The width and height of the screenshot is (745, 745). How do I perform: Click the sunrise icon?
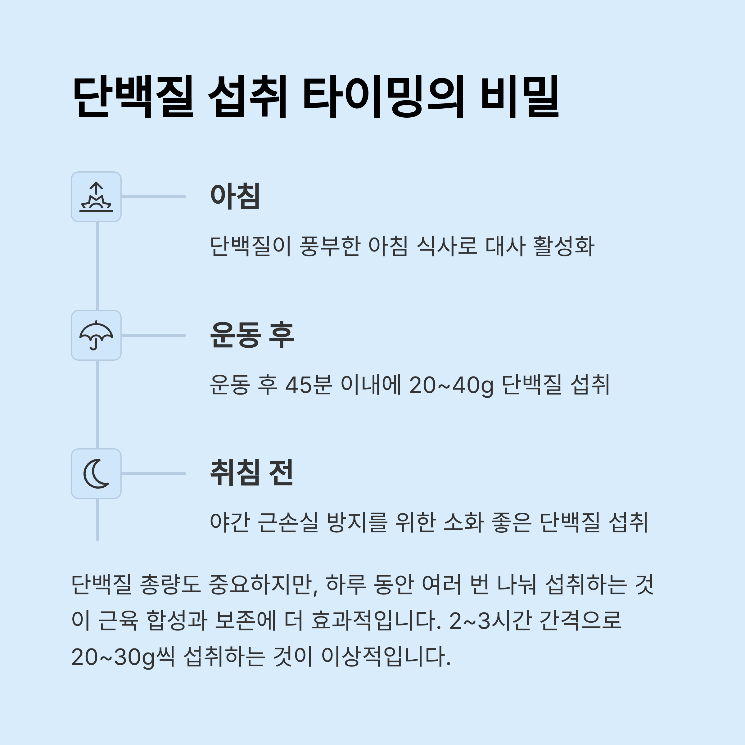coord(96,197)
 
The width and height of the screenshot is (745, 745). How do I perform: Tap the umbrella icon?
coord(96,336)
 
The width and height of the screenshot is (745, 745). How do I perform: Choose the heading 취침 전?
coord(251,473)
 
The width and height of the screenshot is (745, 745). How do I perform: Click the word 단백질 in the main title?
coord(133,97)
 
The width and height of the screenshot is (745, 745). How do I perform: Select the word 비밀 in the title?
coord(520,97)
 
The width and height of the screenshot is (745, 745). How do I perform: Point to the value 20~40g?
coord(451,385)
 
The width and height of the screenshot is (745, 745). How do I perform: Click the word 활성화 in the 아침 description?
coord(564,246)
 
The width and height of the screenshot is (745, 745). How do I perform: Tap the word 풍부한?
coord(330,246)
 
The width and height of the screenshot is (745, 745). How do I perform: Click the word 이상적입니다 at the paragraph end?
coord(386,657)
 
